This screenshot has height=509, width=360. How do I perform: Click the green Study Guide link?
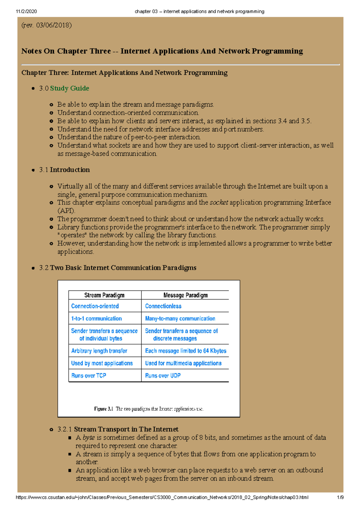[69, 88]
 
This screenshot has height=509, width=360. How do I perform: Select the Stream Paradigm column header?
[104, 295]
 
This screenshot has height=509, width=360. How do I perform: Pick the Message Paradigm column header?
[185, 295]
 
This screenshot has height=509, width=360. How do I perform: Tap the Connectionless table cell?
[163, 306]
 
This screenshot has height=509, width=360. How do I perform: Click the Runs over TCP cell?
[88, 376]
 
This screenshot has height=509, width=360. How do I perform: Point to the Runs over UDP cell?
[163, 376]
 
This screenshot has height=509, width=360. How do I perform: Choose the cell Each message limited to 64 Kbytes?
[186, 351]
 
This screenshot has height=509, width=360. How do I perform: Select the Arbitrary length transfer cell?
[99, 351]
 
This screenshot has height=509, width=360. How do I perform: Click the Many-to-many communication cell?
[180, 319]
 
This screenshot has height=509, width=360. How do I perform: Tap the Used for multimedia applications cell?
[183, 363]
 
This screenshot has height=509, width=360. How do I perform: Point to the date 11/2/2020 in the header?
[26, 11]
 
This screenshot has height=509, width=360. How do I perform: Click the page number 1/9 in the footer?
[340, 497]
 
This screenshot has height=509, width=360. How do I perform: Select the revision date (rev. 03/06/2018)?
[46, 25]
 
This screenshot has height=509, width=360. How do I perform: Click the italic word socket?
[219, 203]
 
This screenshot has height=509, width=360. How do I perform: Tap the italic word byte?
[88, 438]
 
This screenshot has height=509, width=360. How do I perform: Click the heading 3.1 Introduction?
[64, 170]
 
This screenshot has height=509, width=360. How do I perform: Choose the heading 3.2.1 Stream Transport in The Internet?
[118, 429]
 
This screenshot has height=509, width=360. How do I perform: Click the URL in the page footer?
[162, 497]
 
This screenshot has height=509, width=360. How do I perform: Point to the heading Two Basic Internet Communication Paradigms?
[123, 268]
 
